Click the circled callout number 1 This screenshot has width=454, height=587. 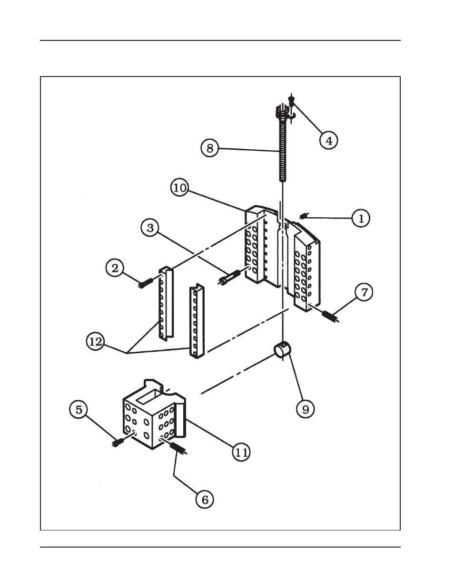tap(361, 218)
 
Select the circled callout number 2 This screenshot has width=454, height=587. tap(115, 268)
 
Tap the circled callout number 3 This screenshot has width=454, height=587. tap(150, 228)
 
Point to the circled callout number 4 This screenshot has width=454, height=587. tap(328, 141)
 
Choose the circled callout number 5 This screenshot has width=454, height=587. tap(79, 410)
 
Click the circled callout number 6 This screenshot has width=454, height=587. tap(205, 500)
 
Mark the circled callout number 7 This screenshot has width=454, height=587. tap(364, 292)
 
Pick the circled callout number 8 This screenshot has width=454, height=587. tap(210, 148)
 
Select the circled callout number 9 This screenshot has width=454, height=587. tap(305, 410)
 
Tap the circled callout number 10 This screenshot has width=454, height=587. tap(180, 188)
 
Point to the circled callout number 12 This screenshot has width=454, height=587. tap(95, 342)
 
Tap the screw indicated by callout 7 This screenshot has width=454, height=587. tap(330, 316)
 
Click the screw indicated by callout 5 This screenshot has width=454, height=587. tap(118, 442)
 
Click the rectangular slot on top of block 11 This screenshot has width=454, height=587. tap(148, 397)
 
